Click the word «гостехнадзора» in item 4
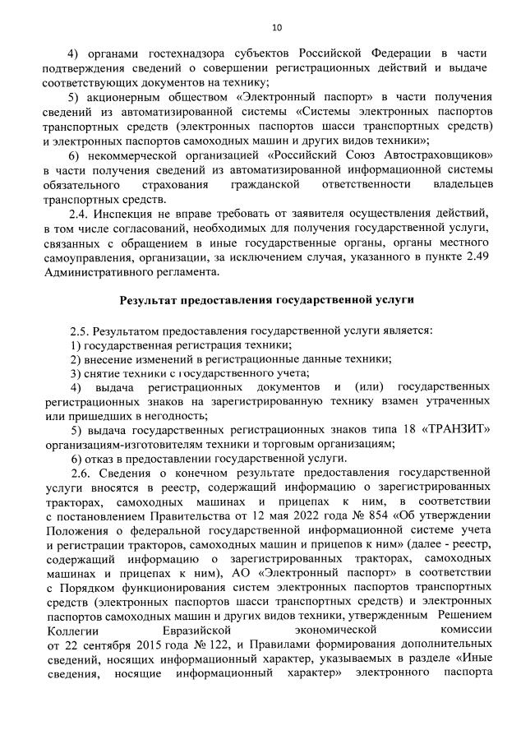[x=163, y=53]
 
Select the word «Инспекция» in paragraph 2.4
[x=134, y=213]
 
